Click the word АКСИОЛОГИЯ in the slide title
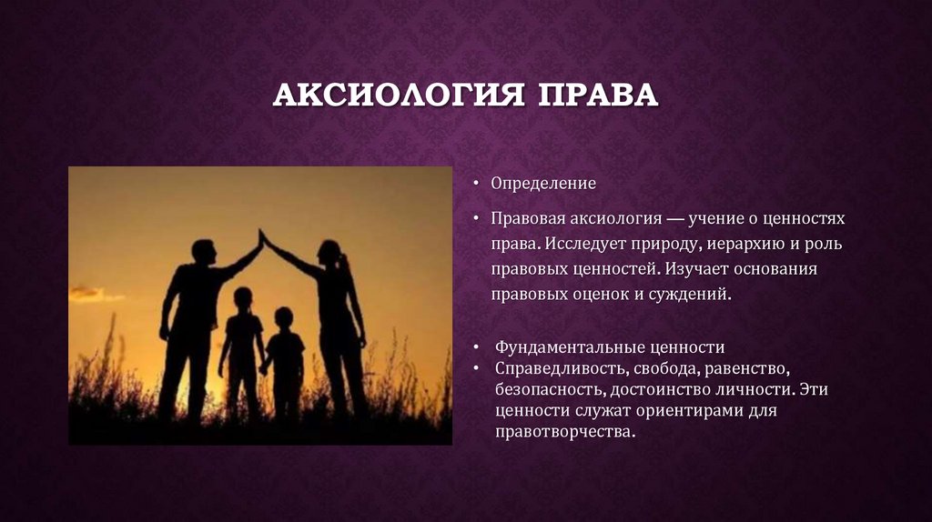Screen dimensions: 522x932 (x=398, y=95)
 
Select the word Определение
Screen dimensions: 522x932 (x=543, y=184)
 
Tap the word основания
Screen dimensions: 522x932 (x=775, y=269)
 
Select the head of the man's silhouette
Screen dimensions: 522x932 (x=204, y=251)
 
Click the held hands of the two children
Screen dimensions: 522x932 (x=263, y=368)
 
